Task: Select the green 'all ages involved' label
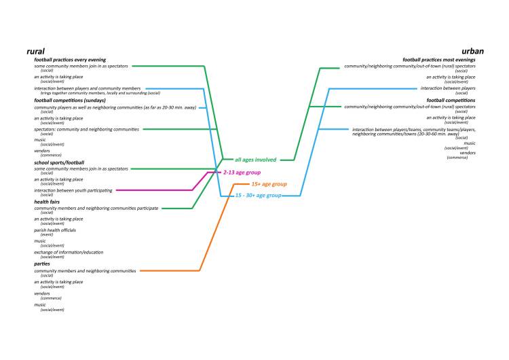click(x=255, y=160)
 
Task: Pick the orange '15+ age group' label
click(x=269, y=184)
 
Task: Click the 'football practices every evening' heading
click(x=70, y=60)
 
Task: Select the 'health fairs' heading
click(x=49, y=202)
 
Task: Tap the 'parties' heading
click(x=43, y=265)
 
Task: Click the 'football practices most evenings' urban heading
click(x=439, y=60)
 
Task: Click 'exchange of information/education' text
click(x=69, y=252)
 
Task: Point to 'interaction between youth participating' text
click(x=73, y=190)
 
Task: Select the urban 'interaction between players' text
click(x=448, y=88)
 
